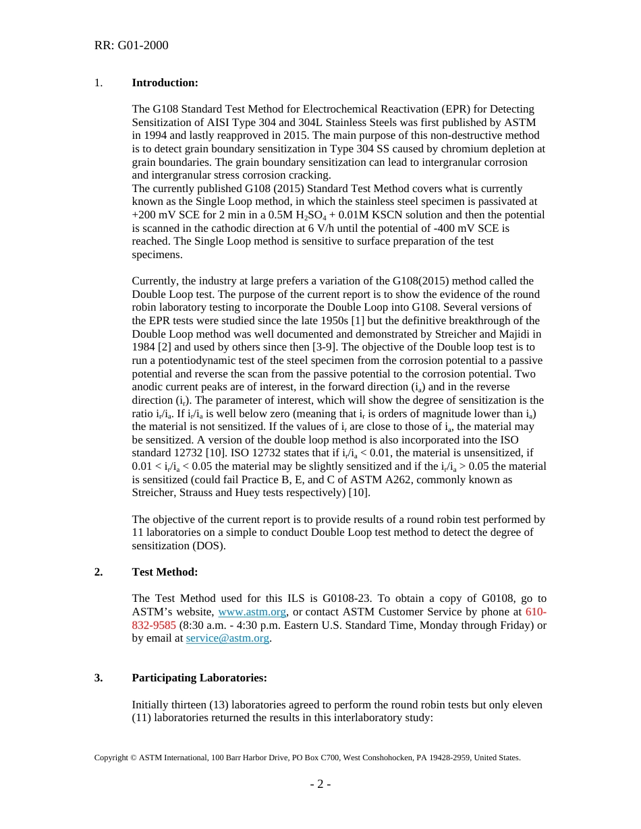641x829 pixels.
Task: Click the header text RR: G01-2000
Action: coord(131,46)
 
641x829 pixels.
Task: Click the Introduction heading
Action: coord(165,83)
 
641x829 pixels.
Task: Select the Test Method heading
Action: coord(165,572)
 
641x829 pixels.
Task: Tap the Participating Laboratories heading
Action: coord(199,678)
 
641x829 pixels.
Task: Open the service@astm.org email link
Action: coord(227,638)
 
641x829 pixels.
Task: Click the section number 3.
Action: coord(99,678)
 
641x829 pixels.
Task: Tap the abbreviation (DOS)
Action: coord(208,546)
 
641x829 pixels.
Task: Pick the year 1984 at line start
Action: coord(144,347)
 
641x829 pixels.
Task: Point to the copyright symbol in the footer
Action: coord(133,758)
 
